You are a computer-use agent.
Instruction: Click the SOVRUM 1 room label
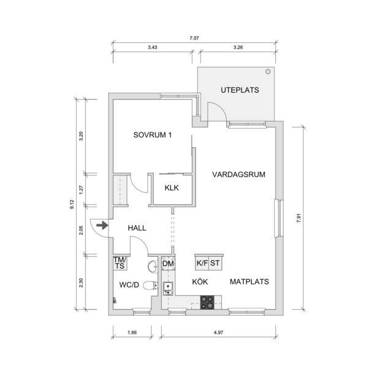click(x=153, y=135)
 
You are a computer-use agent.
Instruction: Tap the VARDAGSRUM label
click(x=238, y=174)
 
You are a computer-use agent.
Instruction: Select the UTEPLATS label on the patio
click(x=240, y=90)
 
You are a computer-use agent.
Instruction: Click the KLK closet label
click(x=172, y=188)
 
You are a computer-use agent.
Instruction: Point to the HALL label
click(x=137, y=227)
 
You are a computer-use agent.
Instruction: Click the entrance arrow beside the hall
click(x=102, y=226)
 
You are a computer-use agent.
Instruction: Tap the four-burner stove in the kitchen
click(x=207, y=302)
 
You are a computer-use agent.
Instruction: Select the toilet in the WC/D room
click(x=151, y=286)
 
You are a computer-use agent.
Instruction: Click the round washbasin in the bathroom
click(x=153, y=267)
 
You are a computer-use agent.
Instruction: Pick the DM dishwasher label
click(x=168, y=264)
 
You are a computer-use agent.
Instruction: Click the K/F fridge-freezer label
click(x=202, y=263)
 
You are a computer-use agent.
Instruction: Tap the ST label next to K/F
click(x=215, y=263)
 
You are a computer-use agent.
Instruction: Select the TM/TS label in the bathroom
click(x=120, y=263)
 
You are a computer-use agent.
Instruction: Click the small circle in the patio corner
click(x=268, y=71)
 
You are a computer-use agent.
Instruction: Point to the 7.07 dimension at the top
click(x=194, y=38)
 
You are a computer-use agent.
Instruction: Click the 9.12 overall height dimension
click(x=72, y=204)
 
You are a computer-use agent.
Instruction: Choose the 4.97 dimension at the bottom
click(x=218, y=332)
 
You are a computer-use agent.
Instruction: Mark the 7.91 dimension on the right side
click(x=299, y=218)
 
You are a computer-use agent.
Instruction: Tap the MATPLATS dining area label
click(x=249, y=281)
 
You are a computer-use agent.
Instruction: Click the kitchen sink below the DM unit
click(x=168, y=288)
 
